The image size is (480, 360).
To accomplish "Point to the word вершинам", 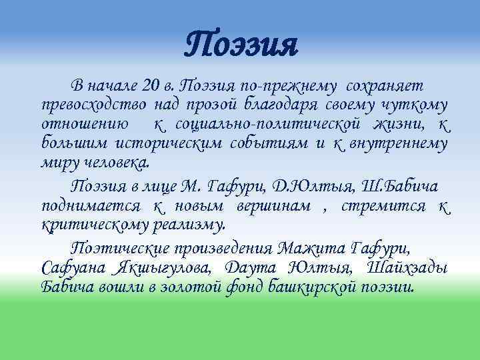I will [x=273, y=206].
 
